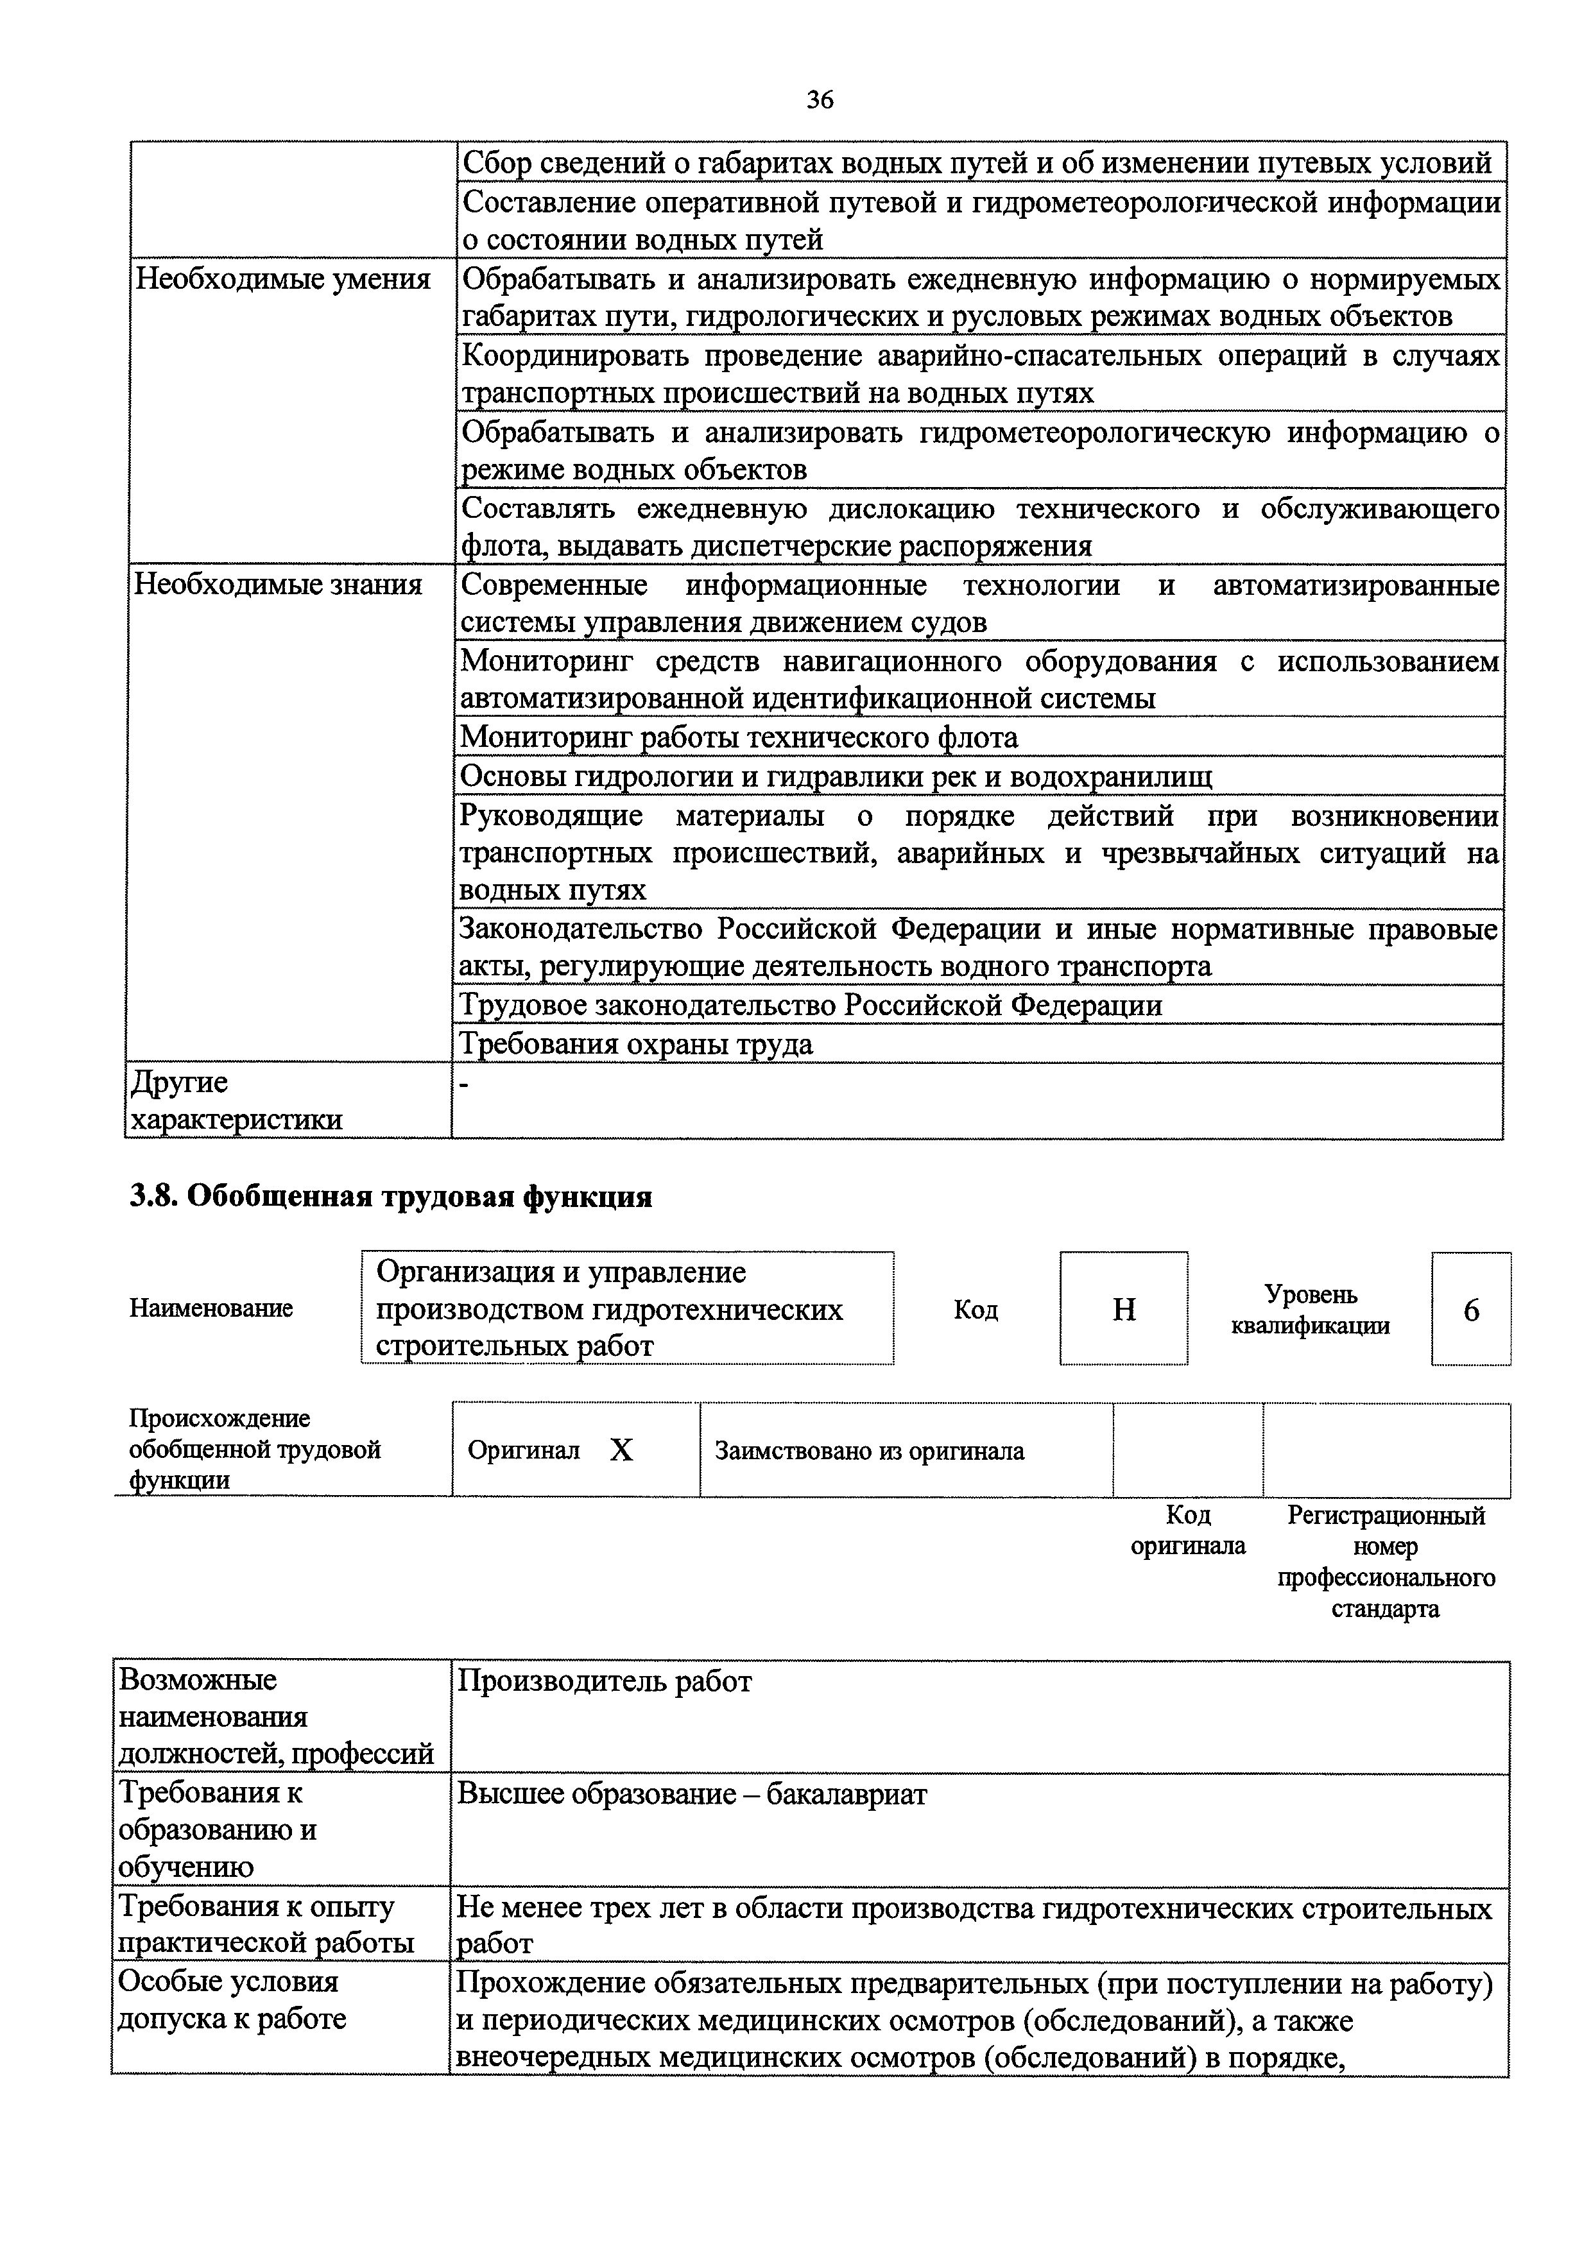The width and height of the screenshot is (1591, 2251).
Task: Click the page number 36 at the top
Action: click(x=820, y=99)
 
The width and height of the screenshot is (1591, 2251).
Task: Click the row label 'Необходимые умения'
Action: click(x=282, y=279)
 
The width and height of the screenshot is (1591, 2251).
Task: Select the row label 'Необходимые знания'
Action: click(x=277, y=585)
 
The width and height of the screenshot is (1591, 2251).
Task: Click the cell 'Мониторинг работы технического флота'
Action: click(x=739, y=737)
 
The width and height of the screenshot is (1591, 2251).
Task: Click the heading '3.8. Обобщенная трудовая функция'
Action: click(x=390, y=1197)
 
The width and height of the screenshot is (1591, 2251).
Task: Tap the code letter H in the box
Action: click(x=1123, y=1309)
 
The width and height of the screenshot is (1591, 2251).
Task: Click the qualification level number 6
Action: click(x=1470, y=1310)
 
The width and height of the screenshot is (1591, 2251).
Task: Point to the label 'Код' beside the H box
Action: click(x=976, y=1310)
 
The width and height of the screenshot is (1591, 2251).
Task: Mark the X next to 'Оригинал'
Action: click(x=621, y=1451)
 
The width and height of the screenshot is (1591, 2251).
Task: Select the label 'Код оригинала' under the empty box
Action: click(x=1187, y=1530)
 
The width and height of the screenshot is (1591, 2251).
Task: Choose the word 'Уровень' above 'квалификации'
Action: click(x=1311, y=1294)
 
